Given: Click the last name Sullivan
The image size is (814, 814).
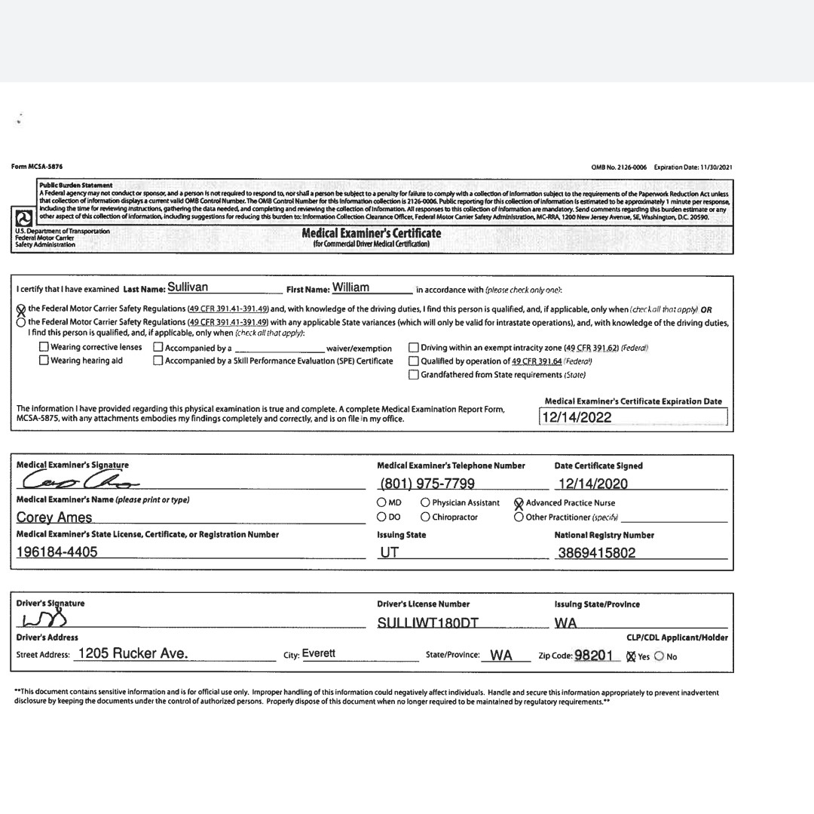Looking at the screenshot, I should click(188, 287).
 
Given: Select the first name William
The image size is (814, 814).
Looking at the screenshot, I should click(350, 287).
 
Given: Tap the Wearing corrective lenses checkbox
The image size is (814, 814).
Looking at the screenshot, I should click(44, 347).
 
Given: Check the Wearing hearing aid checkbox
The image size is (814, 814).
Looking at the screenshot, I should click(44, 361).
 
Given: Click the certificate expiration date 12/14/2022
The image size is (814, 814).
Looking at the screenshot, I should click(577, 417).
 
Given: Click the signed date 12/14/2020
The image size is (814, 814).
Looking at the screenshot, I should click(592, 484).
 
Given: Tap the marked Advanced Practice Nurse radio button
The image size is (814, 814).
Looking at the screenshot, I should click(519, 503).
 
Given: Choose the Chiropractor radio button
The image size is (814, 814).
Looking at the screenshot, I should click(426, 518).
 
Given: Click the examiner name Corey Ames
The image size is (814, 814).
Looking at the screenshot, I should click(54, 518).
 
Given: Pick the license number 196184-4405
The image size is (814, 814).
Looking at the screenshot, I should click(57, 552).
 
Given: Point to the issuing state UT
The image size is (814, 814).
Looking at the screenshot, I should click(389, 553).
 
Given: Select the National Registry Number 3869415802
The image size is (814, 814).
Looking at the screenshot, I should click(597, 553).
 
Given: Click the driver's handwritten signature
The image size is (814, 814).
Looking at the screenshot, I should click(45, 621).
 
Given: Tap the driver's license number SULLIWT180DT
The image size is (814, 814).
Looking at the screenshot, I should click(427, 623).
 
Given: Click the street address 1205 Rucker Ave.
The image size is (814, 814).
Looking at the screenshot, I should click(133, 654).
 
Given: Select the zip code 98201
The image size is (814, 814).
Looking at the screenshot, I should click(592, 656).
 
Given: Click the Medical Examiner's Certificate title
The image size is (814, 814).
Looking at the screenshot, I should click(371, 234).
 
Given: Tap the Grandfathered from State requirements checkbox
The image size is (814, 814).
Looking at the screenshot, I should click(413, 375).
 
